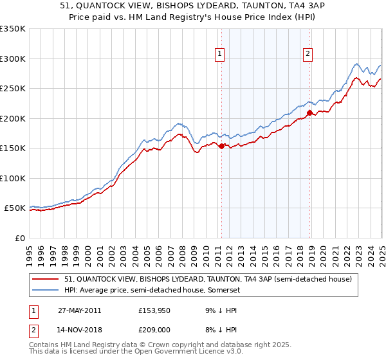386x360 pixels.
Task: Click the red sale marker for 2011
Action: (x=222, y=147)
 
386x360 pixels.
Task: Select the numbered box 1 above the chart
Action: (x=220, y=55)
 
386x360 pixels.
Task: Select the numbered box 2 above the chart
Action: (x=308, y=55)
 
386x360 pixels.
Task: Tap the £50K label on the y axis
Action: (x=15, y=208)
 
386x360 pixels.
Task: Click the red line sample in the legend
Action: (x=46, y=280)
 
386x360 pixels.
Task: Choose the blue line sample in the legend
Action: (x=46, y=291)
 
